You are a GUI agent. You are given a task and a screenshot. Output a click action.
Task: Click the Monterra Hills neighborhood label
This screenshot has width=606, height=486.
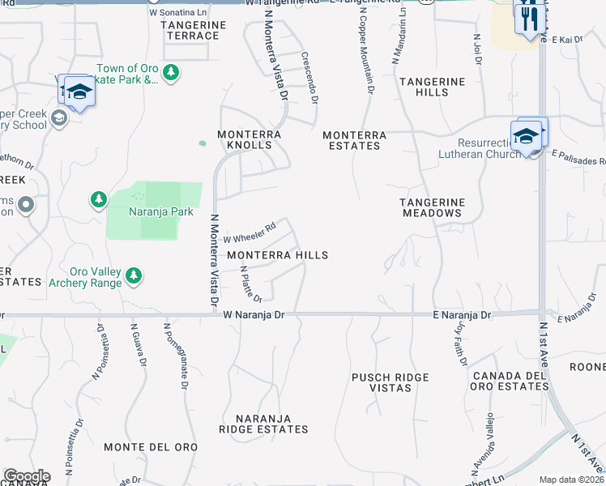277,255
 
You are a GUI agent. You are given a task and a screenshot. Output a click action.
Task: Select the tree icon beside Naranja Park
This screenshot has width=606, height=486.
98,198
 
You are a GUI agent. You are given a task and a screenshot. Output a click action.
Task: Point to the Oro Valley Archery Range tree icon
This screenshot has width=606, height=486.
134,276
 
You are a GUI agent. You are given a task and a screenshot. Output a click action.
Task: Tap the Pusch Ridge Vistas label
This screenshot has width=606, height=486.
390,383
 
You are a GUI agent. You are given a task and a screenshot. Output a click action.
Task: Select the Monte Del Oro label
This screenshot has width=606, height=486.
151,447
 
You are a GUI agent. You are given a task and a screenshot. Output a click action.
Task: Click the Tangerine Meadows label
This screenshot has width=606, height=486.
432,207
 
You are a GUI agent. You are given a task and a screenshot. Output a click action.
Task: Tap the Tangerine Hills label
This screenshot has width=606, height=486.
432,87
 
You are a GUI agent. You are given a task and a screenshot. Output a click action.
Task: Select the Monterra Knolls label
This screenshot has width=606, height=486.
249,139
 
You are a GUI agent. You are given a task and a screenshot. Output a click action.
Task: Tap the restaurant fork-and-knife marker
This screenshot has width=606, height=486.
529,18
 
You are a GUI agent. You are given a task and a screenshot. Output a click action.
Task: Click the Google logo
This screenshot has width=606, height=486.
27,476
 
